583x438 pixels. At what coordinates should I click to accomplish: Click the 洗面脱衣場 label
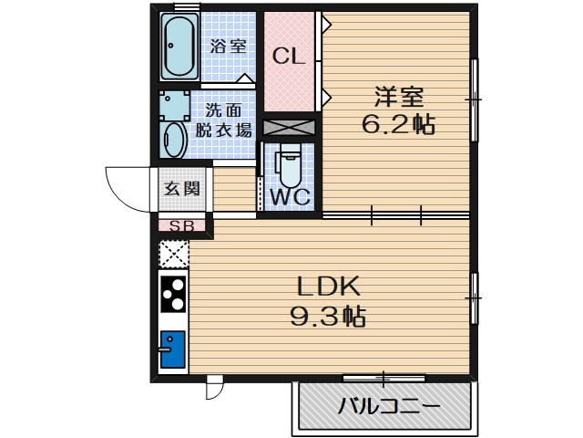coord(223,119)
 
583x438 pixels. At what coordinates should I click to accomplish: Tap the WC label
coord(289,195)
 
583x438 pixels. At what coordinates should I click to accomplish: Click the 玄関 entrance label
coord(179,189)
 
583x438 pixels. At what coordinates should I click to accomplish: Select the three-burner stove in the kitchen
coord(173,293)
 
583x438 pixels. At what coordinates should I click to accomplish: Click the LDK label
coord(328,287)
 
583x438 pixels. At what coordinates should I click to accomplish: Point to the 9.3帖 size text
coord(328,317)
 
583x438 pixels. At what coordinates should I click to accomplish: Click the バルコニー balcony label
coord(386,407)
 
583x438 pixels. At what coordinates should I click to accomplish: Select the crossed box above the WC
coord(289,128)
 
